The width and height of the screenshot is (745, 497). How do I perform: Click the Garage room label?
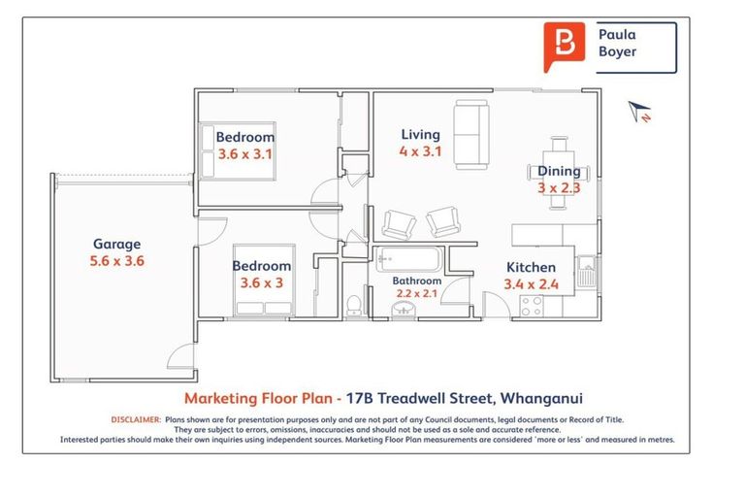116,245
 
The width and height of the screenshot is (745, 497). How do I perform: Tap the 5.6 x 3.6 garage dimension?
116,260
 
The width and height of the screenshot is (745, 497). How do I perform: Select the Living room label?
420,135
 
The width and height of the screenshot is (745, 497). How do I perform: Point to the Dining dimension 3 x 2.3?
559,188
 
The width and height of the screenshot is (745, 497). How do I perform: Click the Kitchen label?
531,268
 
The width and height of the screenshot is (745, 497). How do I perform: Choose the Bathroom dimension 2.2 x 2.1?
416,294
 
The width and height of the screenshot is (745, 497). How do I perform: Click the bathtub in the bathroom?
408,260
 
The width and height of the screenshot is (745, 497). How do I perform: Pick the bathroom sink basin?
404,310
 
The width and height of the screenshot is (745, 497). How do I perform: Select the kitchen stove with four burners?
532,306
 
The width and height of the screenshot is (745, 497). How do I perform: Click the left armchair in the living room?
399,224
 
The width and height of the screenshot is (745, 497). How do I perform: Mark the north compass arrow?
640,114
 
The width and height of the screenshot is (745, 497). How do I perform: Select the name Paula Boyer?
617,44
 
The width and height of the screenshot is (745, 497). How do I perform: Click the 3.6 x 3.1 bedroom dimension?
244,153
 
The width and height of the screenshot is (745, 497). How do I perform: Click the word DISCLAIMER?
136,419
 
